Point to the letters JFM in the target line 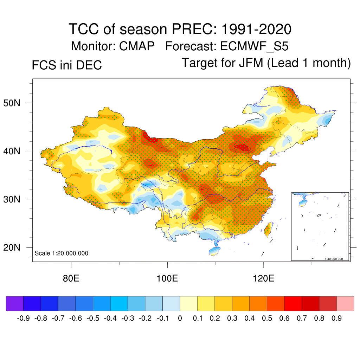pyautogui.click(x=249, y=63)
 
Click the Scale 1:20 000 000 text pyautogui.click(x=62, y=253)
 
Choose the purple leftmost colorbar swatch pyautogui.click(x=15, y=304)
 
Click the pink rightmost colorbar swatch pyautogui.click(x=345, y=304)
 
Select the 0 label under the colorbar pyautogui.click(x=180, y=319)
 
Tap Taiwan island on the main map pyautogui.click(x=268, y=229)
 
